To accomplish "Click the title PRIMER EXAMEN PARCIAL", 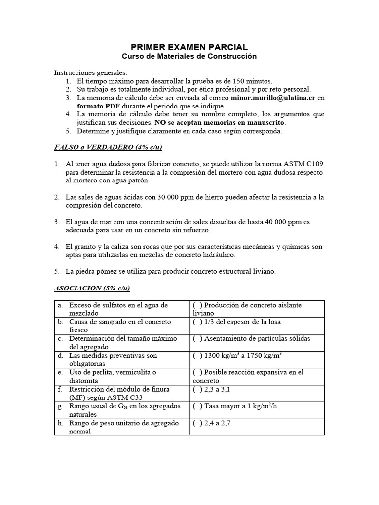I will click(x=189, y=47).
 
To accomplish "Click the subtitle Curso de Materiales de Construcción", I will click(x=189, y=56).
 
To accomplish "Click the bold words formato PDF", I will click(x=95, y=106).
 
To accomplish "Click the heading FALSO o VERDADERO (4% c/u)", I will click(x=108, y=147).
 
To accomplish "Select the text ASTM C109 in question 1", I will click(x=303, y=164).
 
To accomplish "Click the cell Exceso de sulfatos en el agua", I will click(x=118, y=305).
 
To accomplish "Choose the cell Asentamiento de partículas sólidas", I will click(x=254, y=339).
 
